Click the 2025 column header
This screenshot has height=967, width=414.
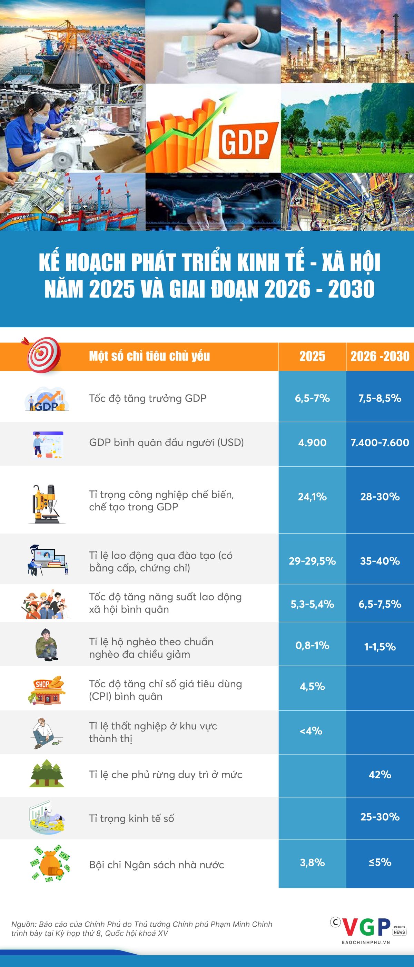coord(312,356)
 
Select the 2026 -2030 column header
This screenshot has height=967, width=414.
coord(380,356)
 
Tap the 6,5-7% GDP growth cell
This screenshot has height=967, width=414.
coord(312,398)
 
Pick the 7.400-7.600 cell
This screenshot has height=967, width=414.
coord(380,442)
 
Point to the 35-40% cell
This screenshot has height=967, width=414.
coord(380,561)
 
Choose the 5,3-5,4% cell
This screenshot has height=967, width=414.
coord(312,604)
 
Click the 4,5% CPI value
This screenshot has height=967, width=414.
coord(312,687)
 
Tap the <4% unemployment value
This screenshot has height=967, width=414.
coord(311,731)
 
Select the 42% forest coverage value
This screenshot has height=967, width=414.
coord(380,775)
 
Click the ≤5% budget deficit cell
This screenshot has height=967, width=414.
coord(380,862)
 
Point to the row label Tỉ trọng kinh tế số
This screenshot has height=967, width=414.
coord(131,818)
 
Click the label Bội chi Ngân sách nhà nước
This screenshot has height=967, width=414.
coord(157,865)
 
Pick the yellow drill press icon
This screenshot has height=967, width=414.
coord(47,504)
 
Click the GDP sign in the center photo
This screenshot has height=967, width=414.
coord(244,141)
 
